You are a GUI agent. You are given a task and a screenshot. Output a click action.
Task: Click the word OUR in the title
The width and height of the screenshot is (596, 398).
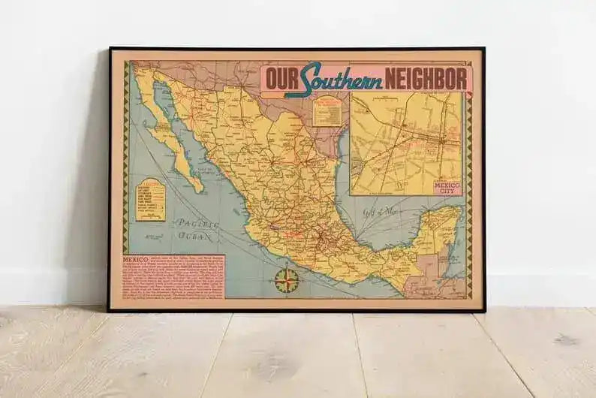[x=281, y=79]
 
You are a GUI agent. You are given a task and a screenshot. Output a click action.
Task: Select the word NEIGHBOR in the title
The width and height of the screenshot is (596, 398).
[x=426, y=79]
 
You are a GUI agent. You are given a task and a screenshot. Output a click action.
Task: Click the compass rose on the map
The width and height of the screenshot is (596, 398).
[x=286, y=280]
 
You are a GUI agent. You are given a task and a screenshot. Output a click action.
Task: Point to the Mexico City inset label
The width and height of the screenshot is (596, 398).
[x=448, y=187]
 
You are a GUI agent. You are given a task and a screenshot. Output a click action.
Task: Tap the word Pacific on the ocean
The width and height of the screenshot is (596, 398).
[x=192, y=223]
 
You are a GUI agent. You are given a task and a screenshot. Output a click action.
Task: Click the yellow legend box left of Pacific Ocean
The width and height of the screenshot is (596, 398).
[x=150, y=200]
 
